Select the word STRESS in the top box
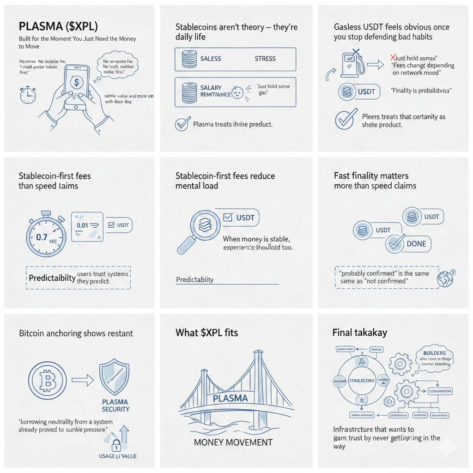[265, 59]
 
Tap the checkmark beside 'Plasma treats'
[183, 124]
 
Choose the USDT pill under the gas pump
[360, 91]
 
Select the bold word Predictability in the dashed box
[52, 278]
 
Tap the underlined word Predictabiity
[195, 280]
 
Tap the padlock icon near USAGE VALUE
[115, 446]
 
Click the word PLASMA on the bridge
[230, 398]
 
